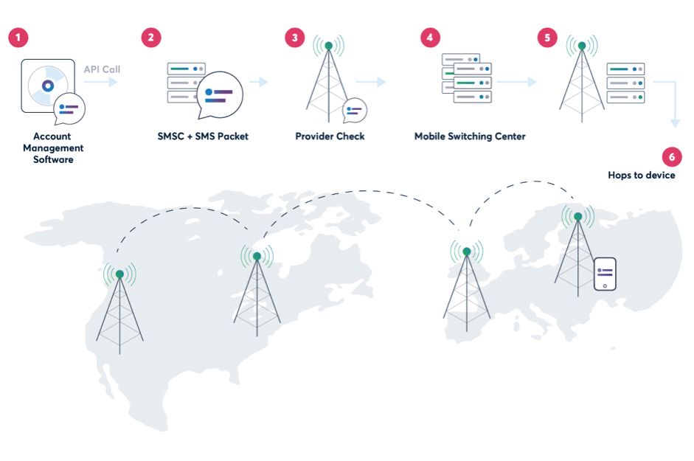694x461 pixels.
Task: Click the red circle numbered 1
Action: click(x=18, y=38)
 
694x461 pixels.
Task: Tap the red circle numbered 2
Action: click(x=151, y=38)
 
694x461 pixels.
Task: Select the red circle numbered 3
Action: click(x=295, y=38)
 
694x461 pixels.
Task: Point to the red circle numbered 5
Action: click(x=547, y=38)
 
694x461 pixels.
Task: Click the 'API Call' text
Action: click(x=102, y=69)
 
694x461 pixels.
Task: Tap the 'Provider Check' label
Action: click(x=330, y=136)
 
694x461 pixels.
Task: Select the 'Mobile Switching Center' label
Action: click(x=470, y=136)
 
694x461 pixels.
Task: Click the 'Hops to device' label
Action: click(x=641, y=176)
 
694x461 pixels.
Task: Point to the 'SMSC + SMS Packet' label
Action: click(x=203, y=136)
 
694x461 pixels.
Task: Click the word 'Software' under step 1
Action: click(x=53, y=159)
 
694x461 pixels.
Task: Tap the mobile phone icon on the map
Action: click(x=605, y=274)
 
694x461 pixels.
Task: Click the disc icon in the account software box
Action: click(x=48, y=86)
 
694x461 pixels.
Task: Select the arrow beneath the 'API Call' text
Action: click(x=102, y=83)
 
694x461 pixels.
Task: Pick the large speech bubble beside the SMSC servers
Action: click(x=219, y=94)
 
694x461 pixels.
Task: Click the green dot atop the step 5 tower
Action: click(x=582, y=46)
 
